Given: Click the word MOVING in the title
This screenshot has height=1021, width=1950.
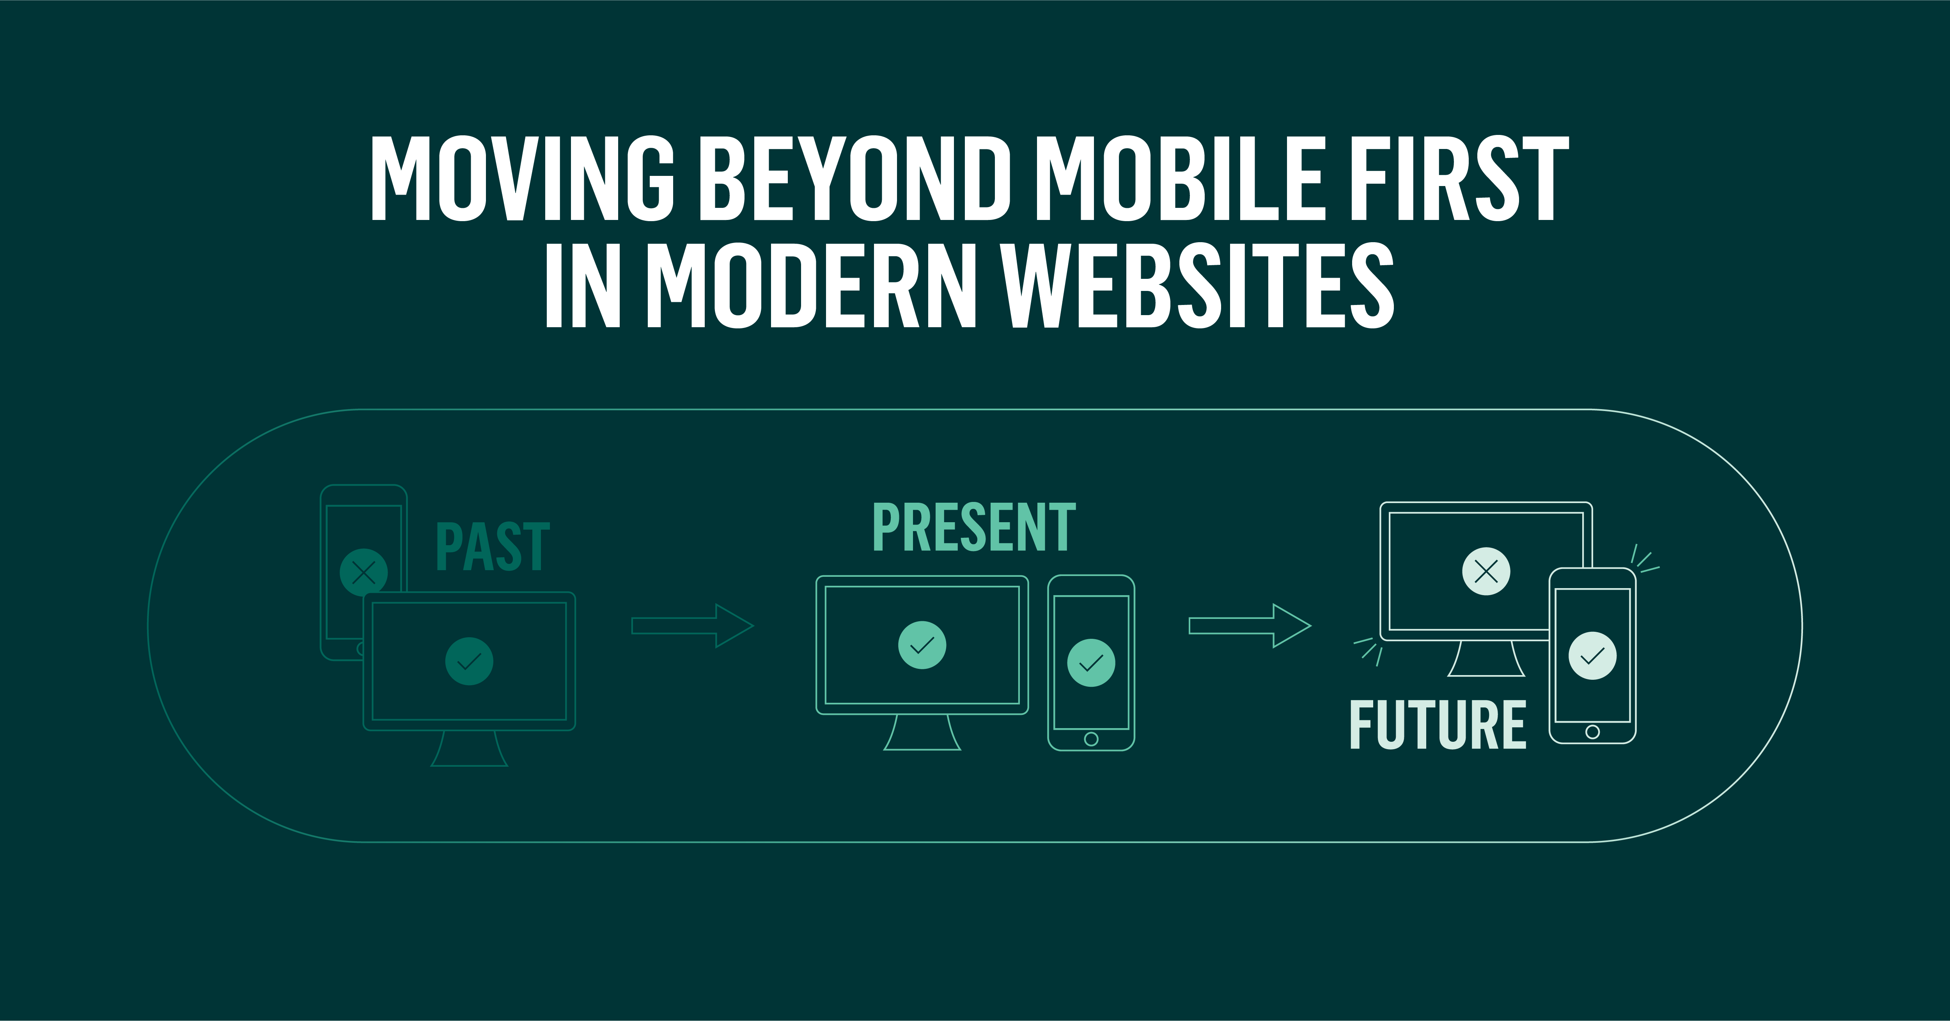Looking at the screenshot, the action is tap(522, 179).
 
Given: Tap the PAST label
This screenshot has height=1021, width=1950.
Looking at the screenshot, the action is tap(493, 546).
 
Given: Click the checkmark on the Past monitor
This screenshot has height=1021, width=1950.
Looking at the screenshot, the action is tap(469, 661).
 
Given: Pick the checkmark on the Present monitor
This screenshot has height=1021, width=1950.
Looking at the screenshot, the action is tap(922, 645).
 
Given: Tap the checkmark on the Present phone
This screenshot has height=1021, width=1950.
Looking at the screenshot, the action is tap(1091, 663).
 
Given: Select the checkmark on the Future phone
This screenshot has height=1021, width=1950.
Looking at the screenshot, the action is tap(1593, 656).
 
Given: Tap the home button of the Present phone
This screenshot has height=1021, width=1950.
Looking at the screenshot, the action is tap(1091, 739).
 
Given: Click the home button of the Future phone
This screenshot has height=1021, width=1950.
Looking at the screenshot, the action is tap(1593, 731).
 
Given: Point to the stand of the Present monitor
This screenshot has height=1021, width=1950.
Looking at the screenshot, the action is tap(922, 733).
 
